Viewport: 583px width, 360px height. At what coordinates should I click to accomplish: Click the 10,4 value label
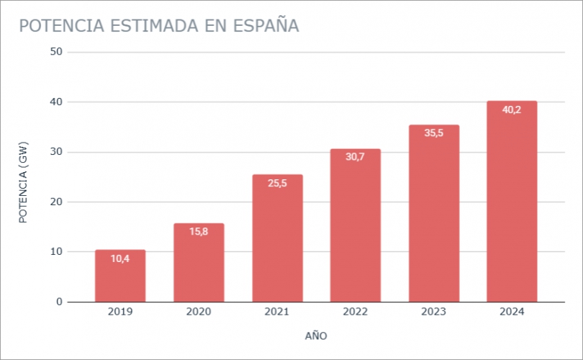tap(120, 258)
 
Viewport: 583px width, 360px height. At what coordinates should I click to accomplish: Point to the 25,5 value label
tap(277, 183)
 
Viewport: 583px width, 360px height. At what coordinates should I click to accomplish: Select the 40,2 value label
tap(512, 109)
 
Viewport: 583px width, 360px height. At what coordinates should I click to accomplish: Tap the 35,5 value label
tap(434, 133)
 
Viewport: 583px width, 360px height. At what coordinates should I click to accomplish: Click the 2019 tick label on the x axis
tap(120, 312)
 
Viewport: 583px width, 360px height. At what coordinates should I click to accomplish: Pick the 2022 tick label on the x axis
tap(356, 312)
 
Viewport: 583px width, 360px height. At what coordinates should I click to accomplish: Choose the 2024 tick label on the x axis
tap(512, 312)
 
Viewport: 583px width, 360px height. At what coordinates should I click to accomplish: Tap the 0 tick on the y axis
tap(60, 302)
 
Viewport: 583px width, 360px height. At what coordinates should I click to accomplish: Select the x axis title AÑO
tap(316, 336)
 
